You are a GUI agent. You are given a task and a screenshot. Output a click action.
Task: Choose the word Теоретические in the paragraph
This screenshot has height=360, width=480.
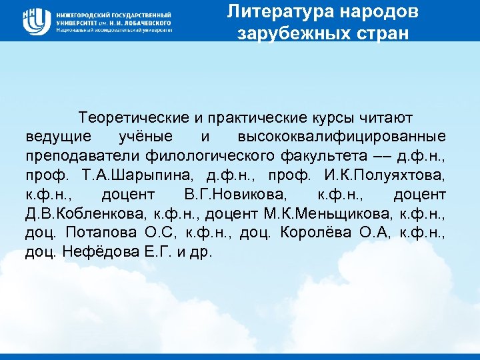coord(134,117)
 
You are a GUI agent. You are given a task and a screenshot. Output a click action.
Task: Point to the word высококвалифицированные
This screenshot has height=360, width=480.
coord(342,137)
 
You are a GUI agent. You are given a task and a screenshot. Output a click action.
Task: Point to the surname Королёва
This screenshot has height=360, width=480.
coord(321,233)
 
